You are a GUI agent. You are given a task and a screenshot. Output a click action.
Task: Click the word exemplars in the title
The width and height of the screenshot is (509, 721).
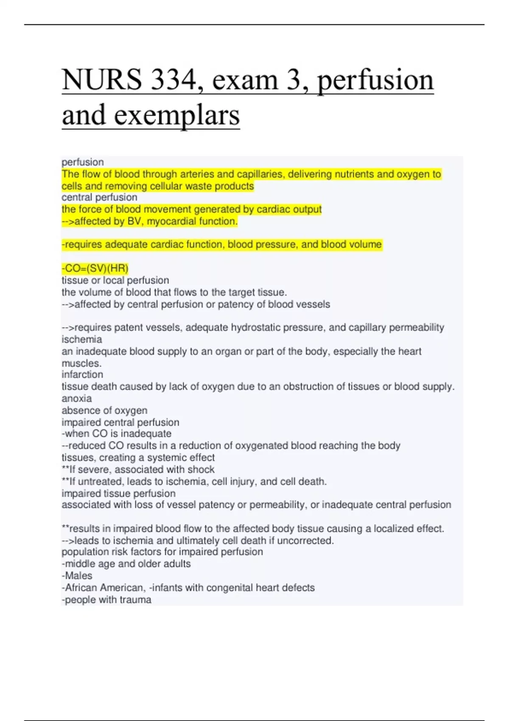(177, 115)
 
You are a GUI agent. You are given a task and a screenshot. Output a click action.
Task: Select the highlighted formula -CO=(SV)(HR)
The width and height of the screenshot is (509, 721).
(95, 268)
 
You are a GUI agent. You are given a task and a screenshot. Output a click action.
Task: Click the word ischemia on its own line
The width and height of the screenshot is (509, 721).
(82, 339)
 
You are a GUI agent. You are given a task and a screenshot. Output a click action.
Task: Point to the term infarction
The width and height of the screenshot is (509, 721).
(82, 374)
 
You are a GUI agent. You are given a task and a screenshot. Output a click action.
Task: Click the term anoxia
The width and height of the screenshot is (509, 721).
(77, 398)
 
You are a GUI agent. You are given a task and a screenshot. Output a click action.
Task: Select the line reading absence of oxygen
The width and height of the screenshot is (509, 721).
(104, 410)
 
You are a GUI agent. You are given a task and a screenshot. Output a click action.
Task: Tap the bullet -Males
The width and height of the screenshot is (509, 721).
(77, 576)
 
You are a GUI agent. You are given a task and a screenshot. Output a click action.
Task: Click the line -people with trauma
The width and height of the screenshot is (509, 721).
(106, 600)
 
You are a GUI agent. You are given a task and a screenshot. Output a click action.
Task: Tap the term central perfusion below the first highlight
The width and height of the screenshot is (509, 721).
(99, 197)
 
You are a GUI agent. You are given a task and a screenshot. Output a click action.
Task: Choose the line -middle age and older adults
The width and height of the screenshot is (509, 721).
(126, 564)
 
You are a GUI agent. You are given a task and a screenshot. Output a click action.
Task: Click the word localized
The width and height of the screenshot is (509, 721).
(393, 528)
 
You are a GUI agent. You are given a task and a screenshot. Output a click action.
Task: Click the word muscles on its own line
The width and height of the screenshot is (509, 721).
(81, 363)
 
